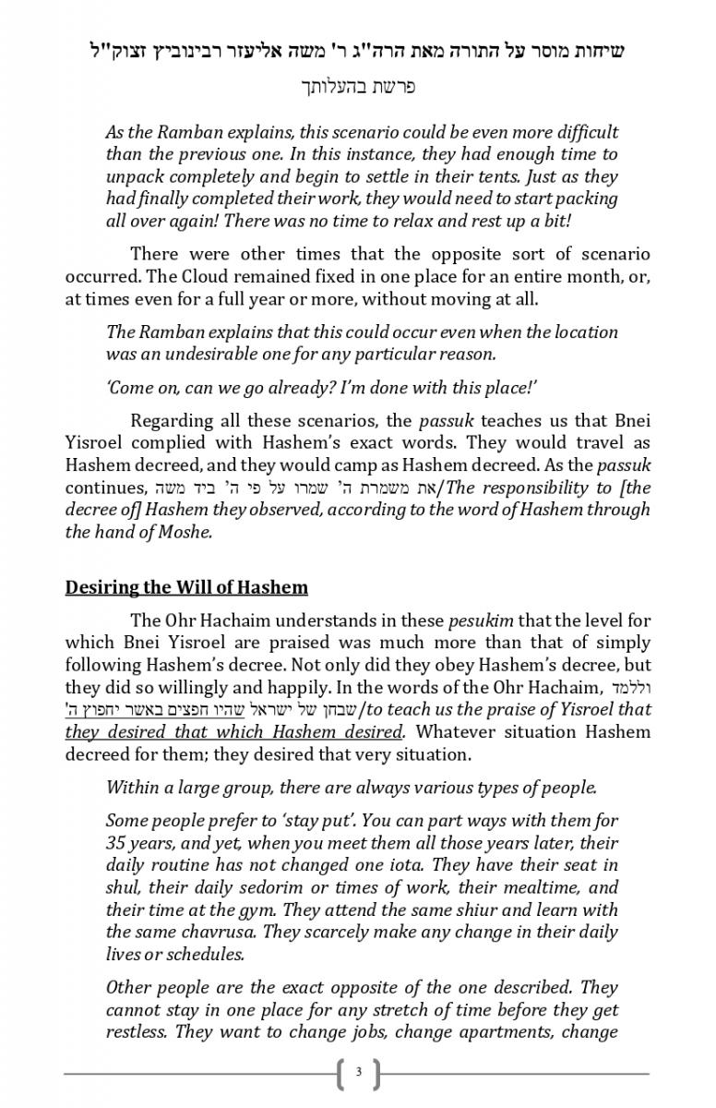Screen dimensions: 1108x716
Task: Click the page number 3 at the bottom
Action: [x=358, y=1073]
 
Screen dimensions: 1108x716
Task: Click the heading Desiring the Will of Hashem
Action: [x=186, y=587]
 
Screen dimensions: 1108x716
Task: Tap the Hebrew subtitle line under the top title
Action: [x=358, y=88]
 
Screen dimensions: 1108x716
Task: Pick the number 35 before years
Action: [x=117, y=843]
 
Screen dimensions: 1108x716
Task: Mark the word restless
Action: [x=136, y=1032]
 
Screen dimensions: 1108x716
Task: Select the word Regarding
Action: [x=172, y=421]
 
